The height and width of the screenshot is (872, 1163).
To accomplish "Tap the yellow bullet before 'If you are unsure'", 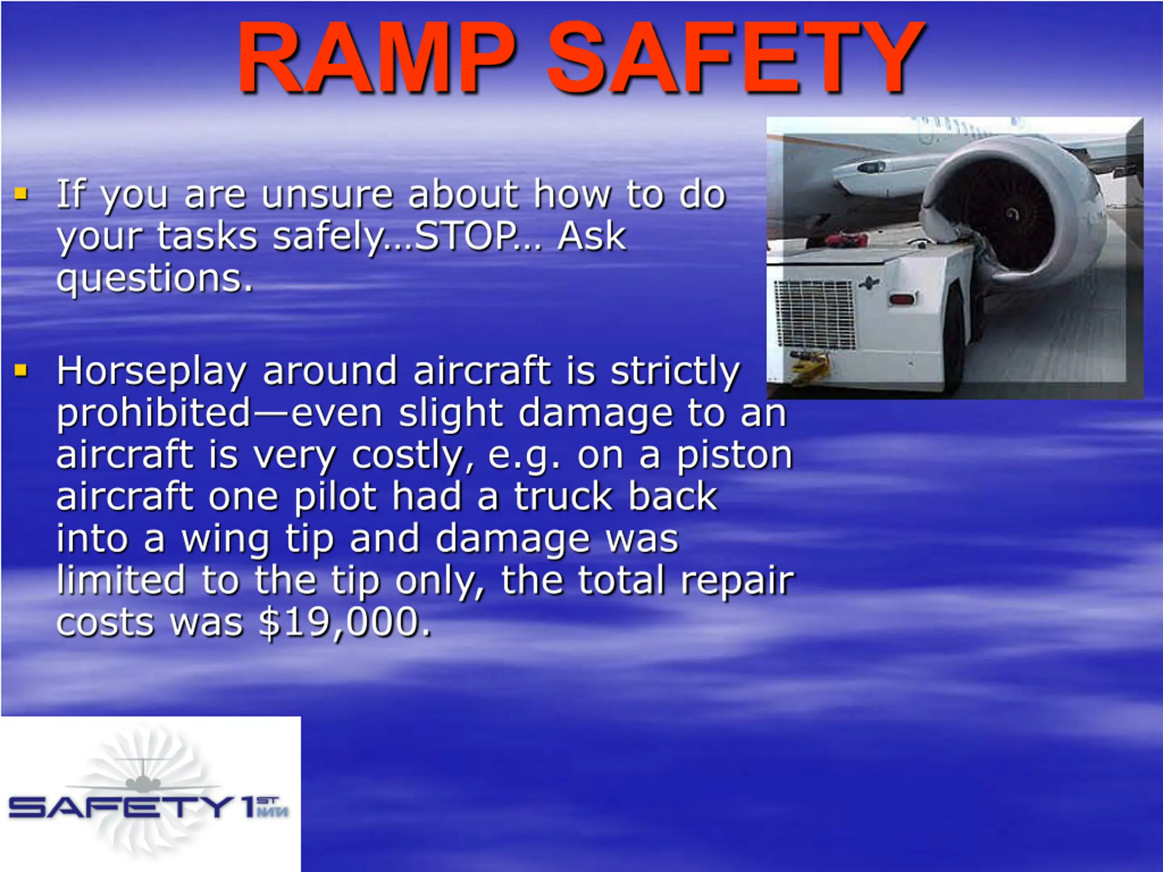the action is click(x=21, y=194).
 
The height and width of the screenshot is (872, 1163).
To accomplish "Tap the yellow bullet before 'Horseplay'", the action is click(x=21, y=371).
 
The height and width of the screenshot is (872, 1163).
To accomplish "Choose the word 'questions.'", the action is click(x=154, y=280).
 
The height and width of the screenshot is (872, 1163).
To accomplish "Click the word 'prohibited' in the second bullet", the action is click(x=154, y=413).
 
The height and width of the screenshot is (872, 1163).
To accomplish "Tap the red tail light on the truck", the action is click(x=902, y=300).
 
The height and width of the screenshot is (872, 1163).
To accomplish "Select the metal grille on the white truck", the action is click(x=814, y=314).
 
